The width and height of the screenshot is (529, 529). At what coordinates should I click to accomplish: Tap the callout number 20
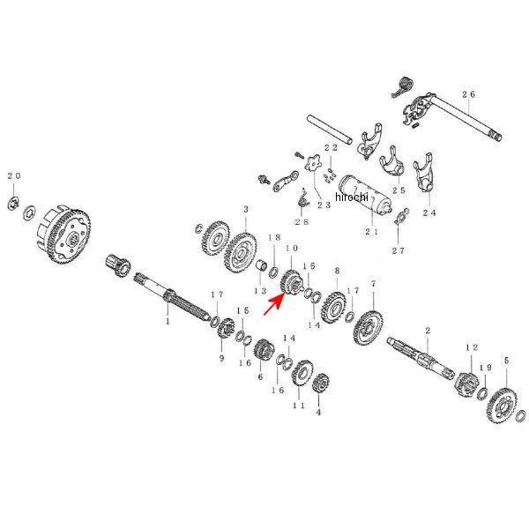pos(13,176)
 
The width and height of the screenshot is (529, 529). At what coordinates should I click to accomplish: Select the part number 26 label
pos(467,94)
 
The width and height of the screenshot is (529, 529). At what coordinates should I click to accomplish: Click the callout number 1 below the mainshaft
pos(167,323)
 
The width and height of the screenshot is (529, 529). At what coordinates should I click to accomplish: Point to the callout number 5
pos(506,361)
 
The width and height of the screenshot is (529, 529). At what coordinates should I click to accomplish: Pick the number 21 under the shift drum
pos(370,233)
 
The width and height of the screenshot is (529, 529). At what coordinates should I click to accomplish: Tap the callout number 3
pos(246,209)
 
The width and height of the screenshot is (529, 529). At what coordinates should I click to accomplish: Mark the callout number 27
pos(398,250)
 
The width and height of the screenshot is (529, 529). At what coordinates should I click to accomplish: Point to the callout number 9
pos(220,358)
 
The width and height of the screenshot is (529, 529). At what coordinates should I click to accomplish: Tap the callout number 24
pos(429,212)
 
